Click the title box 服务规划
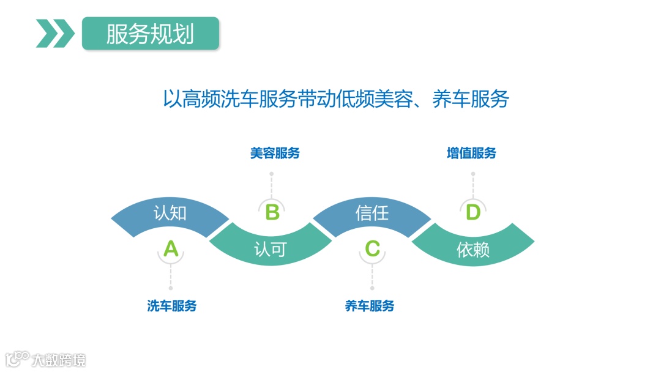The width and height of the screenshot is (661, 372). click(x=150, y=34)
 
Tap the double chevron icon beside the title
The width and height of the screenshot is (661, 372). click(x=54, y=34)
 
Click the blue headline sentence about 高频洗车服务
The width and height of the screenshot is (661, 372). click(x=335, y=99)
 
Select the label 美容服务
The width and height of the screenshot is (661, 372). click(x=275, y=153)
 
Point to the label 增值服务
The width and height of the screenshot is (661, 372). click(x=471, y=153)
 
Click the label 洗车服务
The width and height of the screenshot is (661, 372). click(x=171, y=306)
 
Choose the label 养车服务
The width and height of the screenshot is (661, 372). click(x=370, y=306)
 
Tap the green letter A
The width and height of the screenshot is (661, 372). click(x=171, y=249)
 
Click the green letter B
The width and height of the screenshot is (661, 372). click(x=272, y=213)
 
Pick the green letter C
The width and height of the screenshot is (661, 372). click(x=372, y=249)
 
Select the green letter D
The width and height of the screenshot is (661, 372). click(x=472, y=213)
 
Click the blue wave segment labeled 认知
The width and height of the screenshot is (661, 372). click(x=170, y=214)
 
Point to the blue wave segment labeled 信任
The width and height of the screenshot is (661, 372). click(x=372, y=214)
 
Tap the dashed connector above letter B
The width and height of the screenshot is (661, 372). click(x=272, y=185)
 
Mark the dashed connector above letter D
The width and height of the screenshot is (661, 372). click(x=472, y=185)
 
